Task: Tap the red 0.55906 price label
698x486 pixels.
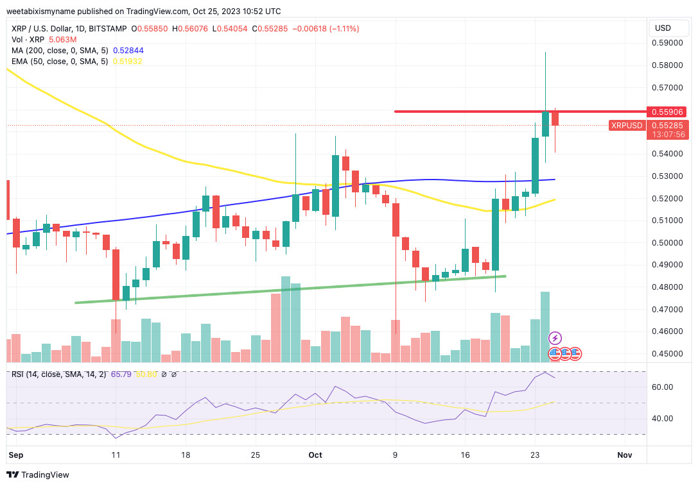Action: (667, 112)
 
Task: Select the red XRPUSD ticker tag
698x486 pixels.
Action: (626, 126)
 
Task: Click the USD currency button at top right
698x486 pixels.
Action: (662, 28)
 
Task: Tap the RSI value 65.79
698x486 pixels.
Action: (121, 374)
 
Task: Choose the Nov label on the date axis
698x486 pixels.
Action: (624, 455)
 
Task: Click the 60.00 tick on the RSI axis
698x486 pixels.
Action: (661, 387)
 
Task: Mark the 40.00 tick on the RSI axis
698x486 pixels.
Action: (661, 418)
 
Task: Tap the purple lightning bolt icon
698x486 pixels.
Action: (555, 338)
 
